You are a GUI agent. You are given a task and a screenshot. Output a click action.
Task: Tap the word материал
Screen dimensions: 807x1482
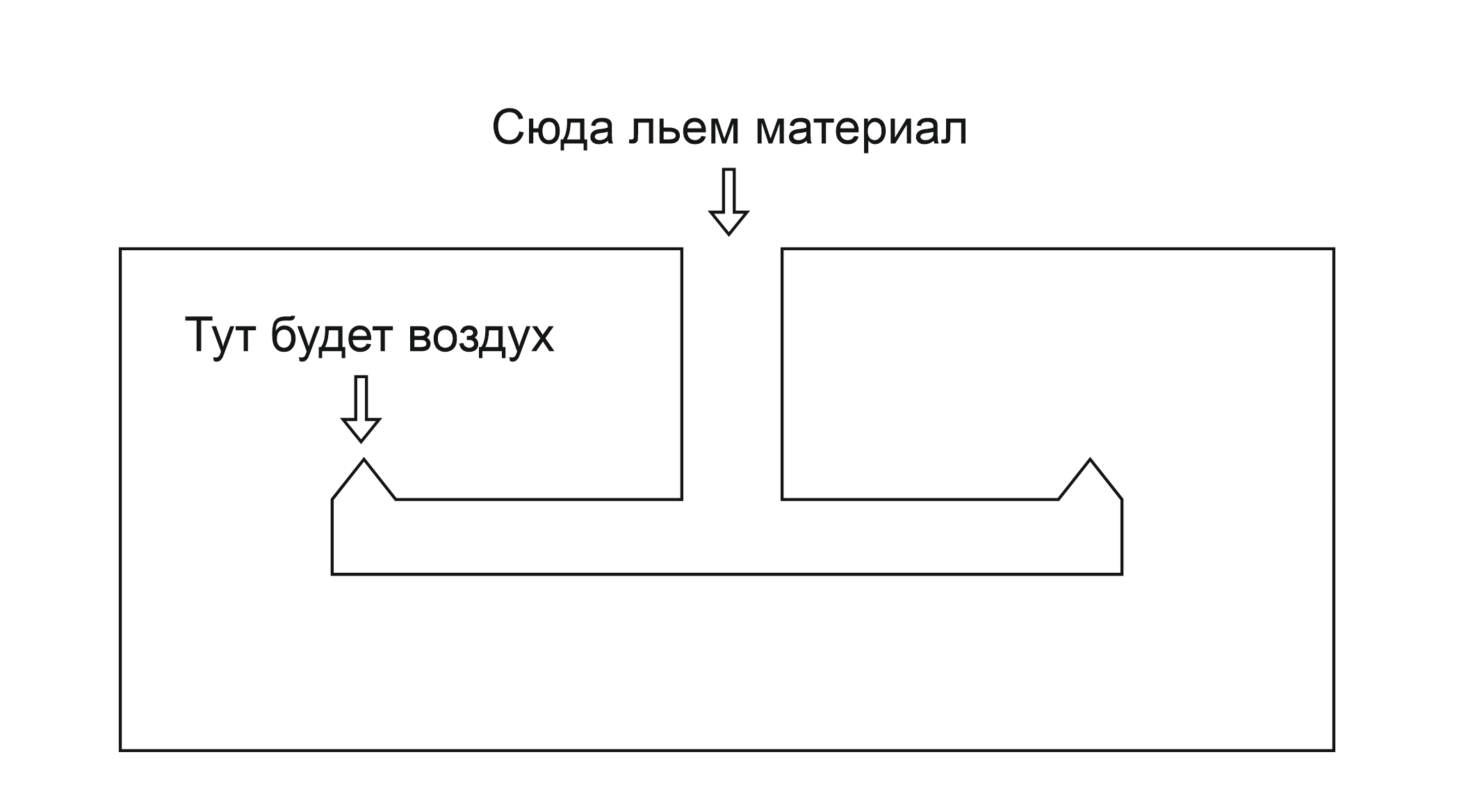point(861,129)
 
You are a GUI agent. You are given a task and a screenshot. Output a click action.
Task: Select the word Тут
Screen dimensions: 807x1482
point(222,336)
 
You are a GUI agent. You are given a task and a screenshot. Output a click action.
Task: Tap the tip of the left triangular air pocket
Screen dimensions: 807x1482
point(364,459)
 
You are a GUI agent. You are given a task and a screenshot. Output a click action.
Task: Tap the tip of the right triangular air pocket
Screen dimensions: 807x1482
point(1090,459)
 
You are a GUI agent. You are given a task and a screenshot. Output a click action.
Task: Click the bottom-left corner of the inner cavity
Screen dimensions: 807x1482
point(332,574)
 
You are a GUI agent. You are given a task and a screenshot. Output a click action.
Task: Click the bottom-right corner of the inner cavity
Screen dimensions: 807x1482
point(1122,574)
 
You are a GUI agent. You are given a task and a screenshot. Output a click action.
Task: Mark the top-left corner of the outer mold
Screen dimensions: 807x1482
point(121,249)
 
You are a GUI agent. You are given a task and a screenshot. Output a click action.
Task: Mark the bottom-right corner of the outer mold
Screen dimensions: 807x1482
point(1333,750)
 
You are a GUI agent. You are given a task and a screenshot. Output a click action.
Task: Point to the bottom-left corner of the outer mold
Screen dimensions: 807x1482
point(121,750)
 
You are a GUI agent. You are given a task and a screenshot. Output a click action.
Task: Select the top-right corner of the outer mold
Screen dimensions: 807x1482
point(1333,249)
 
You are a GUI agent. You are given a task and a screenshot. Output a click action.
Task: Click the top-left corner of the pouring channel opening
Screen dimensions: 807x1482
point(681,249)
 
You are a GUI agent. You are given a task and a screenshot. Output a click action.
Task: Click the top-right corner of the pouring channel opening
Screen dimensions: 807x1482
point(783,249)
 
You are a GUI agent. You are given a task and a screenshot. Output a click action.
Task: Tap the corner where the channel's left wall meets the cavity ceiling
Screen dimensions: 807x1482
point(681,498)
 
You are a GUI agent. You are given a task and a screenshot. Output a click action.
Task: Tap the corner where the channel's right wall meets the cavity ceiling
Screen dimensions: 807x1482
point(783,498)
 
